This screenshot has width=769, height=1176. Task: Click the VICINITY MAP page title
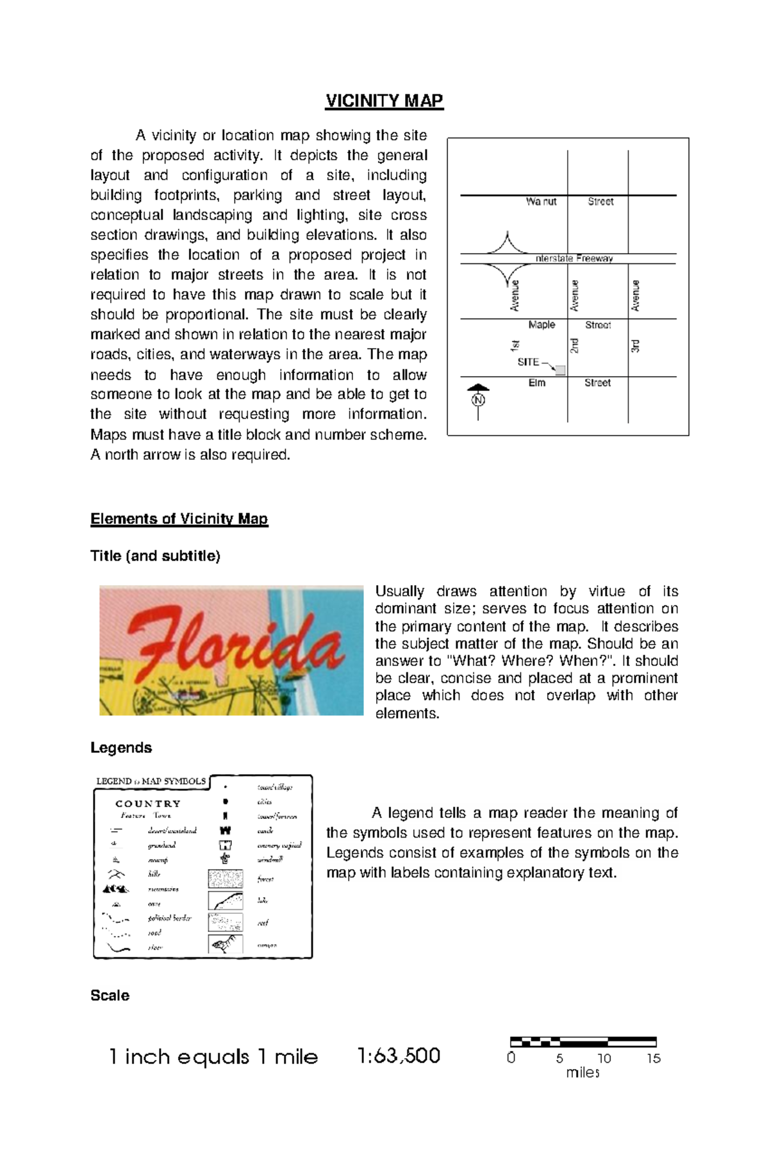(384, 101)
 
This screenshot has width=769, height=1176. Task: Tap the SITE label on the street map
(528, 362)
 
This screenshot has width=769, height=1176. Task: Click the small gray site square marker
(560, 370)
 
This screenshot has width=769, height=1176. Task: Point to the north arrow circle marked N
(478, 400)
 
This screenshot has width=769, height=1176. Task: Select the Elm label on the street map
(536, 383)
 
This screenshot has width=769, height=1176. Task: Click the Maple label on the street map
(542, 325)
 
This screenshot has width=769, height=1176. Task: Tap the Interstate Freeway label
(574, 258)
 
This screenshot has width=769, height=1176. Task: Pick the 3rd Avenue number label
(635, 347)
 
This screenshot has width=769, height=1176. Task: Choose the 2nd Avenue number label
(575, 346)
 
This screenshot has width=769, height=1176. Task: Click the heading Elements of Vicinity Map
(179, 518)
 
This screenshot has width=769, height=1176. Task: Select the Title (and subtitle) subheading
(155, 556)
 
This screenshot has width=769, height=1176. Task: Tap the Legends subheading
(121, 747)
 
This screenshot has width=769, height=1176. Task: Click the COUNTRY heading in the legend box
(148, 804)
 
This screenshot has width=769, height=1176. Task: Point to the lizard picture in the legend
(225, 944)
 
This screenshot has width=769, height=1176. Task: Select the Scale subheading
(110, 995)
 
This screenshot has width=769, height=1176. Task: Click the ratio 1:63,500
(399, 1056)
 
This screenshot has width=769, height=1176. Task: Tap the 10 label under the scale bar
(604, 1058)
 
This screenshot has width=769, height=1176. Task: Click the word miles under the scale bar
(583, 1073)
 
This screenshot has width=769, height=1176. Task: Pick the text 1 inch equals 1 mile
(213, 1057)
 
